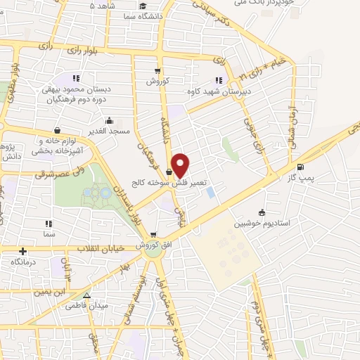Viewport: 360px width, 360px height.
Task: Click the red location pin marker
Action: tap(181, 165)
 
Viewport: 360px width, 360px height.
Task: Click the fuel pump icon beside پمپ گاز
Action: tap(301, 167)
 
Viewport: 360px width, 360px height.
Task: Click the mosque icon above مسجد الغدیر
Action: tap(108, 120)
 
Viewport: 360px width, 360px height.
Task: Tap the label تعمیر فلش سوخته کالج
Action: tap(167, 182)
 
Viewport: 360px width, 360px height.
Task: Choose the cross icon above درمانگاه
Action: tap(23, 250)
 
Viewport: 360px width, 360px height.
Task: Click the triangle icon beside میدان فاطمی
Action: tap(86, 296)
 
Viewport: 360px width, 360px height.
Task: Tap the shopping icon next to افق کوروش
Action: tap(163, 235)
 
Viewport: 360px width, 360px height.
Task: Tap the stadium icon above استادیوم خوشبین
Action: tap(262, 212)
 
